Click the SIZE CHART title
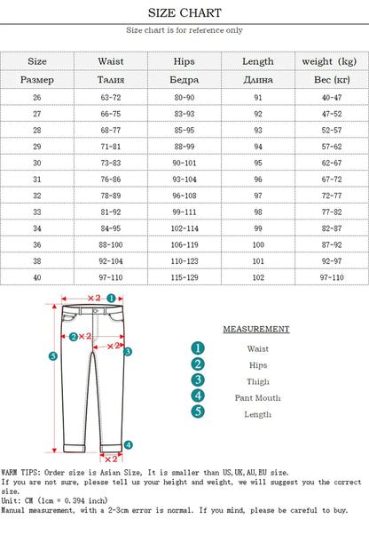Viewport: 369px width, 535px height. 184,13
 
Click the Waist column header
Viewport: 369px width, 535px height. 111,61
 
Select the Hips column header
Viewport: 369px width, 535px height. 185,61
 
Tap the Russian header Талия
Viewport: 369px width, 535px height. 111,79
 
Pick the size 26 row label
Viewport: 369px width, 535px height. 37,96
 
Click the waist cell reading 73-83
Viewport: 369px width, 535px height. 111,164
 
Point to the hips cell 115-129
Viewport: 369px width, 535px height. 185,277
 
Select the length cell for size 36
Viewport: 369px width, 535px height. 258,244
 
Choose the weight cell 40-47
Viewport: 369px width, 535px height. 331,96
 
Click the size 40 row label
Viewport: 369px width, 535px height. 37,277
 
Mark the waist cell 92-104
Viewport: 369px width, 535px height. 111,260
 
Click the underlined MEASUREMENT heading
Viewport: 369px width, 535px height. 256,329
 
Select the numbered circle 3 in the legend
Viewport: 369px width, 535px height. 198,380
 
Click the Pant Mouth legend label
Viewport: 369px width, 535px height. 258,397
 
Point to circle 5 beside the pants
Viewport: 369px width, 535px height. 52,356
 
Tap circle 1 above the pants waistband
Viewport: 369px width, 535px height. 112,298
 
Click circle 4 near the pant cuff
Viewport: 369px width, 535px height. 128,444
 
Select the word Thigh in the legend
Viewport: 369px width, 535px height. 258,381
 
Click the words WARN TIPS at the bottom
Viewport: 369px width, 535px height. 20,472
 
